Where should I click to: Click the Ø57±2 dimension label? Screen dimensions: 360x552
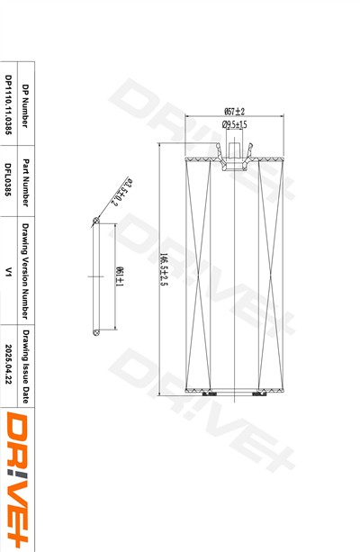click(x=234, y=112)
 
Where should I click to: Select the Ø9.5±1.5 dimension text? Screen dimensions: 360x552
click(x=234, y=124)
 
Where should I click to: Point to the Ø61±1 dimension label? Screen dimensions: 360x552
click(x=120, y=276)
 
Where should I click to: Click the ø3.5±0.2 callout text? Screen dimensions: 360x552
click(x=121, y=192)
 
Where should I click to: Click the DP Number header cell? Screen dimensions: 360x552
click(x=25, y=105)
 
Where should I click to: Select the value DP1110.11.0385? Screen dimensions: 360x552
click(x=8, y=105)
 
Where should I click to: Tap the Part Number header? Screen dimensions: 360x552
click(x=25, y=183)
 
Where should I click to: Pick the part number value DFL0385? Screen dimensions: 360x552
click(x=8, y=179)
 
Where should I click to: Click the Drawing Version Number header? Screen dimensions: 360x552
click(x=25, y=271)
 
